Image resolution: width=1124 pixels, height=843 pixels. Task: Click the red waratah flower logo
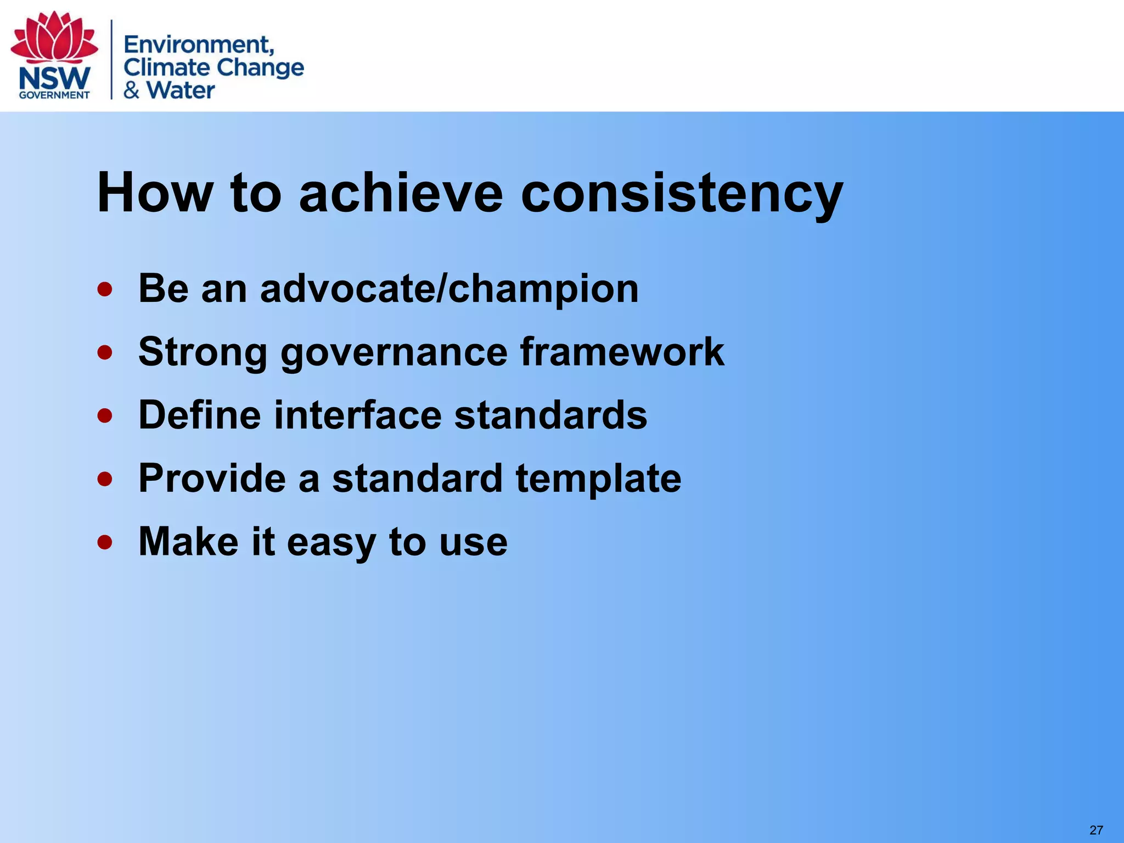[54, 37]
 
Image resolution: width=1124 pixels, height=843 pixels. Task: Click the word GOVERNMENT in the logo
[54, 95]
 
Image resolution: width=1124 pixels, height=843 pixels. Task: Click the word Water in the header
[181, 91]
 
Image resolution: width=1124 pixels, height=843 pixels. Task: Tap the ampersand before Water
[131, 91]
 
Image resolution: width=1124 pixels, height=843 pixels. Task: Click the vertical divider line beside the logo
[112, 59]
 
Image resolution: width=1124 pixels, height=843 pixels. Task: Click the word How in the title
[154, 193]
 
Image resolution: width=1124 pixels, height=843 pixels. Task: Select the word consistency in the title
[681, 193]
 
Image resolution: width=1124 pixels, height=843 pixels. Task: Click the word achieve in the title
[401, 193]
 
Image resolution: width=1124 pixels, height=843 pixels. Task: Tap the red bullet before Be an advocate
[105, 289]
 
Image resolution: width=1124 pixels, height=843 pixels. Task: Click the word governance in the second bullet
[394, 352]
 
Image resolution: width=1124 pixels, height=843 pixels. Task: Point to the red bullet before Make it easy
[105, 542]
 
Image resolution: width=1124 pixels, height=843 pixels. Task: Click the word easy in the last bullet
[331, 542]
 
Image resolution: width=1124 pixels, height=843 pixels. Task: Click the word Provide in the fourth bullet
[212, 478]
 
